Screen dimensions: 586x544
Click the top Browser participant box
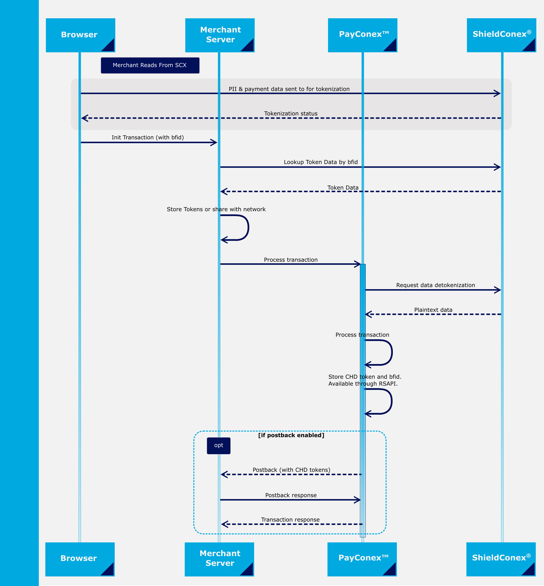(x=80, y=35)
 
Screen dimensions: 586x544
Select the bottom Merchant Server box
(x=219, y=559)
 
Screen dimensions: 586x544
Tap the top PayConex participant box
(x=362, y=35)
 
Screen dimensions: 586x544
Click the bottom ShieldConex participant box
(x=501, y=559)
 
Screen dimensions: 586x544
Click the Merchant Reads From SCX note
(x=150, y=65)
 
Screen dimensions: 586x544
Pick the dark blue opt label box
(x=219, y=446)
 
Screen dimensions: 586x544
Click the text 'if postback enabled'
(x=291, y=435)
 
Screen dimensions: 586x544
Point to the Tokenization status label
(x=291, y=113)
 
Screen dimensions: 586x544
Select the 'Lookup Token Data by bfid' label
(x=321, y=162)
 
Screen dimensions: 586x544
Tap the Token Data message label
(x=343, y=188)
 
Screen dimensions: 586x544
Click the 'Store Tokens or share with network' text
(x=216, y=209)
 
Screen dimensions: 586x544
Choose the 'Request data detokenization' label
(x=435, y=285)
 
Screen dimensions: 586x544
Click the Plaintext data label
(x=433, y=310)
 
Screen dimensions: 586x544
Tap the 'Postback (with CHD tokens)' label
(x=291, y=470)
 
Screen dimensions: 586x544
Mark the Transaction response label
(x=290, y=520)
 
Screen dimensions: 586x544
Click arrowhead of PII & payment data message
(x=497, y=94)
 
